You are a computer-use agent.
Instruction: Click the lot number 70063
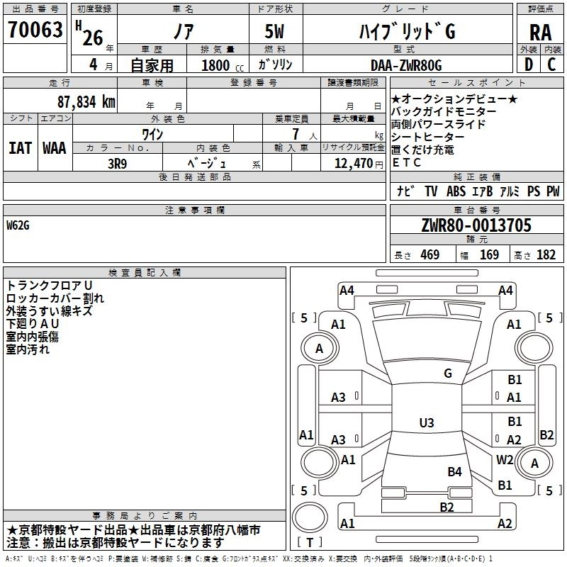[x=34, y=30]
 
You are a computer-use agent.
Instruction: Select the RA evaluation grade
[x=540, y=32]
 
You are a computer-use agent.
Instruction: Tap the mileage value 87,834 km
[x=86, y=101]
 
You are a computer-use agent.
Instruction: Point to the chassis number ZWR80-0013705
[x=476, y=225]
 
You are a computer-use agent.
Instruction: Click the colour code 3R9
[x=117, y=162]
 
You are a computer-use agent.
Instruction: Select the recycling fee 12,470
[x=352, y=163]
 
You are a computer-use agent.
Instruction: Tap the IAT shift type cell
[x=20, y=148]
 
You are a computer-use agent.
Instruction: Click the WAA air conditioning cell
[x=55, y=148]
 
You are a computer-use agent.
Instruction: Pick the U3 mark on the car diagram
[x=426, y=423]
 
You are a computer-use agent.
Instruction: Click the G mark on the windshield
[x=447, y=374]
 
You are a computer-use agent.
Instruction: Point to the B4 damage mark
[x=454, y=471]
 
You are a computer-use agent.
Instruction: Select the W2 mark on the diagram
[x=505, y=459]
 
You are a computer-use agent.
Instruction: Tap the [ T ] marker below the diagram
[x=310, y=542]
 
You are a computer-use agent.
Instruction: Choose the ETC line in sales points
[x=406, y=162]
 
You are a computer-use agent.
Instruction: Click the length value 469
[x=430, y=255]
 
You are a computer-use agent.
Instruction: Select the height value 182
[x=546, y=255]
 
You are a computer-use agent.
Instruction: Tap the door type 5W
[x=275, y=32]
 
